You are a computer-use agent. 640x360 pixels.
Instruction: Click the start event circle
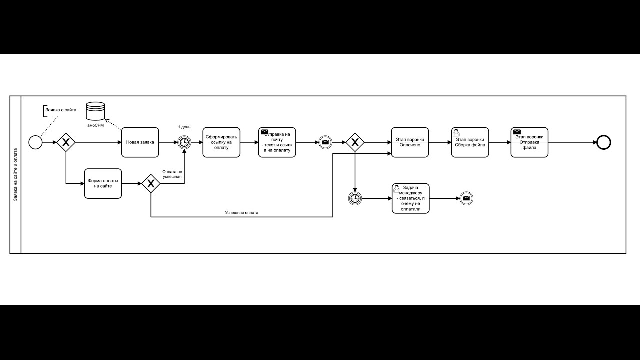[35, 142]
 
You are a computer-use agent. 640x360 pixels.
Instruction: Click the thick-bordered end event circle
[604, 142]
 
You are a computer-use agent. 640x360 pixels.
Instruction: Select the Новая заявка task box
[140, 142]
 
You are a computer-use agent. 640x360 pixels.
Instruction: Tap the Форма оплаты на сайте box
[103, 183]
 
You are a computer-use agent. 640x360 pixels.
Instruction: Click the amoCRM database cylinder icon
[95, 110]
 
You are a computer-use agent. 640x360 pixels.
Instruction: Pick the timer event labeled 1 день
[184, 142]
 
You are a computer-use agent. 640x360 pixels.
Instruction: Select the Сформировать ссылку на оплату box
[221, 142]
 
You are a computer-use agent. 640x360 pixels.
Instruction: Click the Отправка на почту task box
[277, 142]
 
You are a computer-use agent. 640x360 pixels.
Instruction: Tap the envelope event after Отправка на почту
[325, 142]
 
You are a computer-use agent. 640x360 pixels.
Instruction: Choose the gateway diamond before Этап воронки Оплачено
[355, 142]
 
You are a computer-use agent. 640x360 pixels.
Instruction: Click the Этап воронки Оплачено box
[410, 142]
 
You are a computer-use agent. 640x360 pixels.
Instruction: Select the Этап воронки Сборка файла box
[470, 142]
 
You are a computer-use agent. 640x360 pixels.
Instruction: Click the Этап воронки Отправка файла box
[529, 142]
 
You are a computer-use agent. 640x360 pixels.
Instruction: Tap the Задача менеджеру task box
[410, 198]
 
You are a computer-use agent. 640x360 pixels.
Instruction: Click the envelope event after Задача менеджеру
[466, 198]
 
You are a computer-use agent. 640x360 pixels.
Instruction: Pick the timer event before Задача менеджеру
[354, 198]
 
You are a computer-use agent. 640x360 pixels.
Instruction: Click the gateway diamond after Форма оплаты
[151, 183]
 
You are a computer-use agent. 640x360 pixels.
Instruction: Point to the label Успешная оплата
[241, 212]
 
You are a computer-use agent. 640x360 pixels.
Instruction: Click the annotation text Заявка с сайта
[61, 109]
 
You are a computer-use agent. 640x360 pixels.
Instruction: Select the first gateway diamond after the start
[65, 142]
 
